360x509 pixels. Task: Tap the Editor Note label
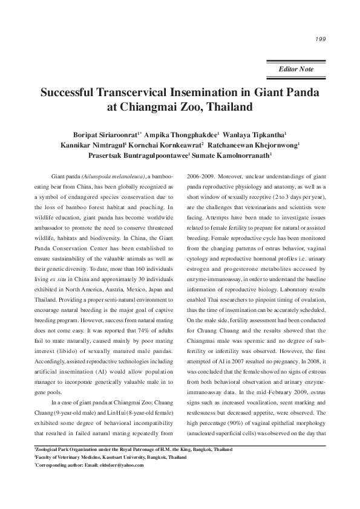(x=296, y=70)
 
